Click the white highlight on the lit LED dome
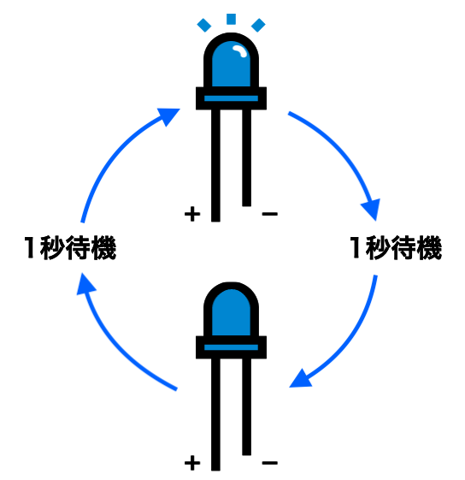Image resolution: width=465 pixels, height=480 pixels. pyautogui.click(x=240, y=50)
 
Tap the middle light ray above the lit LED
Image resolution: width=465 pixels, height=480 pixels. pyautogui.click(x=231, y=19)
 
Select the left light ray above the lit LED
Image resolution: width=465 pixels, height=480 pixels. pyautogui.click(x=204, y=25)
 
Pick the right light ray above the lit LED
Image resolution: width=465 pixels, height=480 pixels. pyautogui.click(x=258, y=25)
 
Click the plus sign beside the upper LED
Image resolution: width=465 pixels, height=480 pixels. pyautogui.click(x=192, y=214)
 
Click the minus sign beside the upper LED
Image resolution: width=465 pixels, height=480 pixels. pyautogui.click(x=270, y=214)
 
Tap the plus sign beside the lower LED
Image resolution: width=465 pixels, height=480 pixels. pyautogui.click(x=192, y=463)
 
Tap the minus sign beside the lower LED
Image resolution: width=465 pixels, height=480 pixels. pyautogui.click(x=270, y=463)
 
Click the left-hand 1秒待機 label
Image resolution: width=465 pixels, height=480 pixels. pyautogui.click(x=70, y=247)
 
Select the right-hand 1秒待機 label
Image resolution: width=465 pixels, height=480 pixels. pyautogui.click(x=396, y=247)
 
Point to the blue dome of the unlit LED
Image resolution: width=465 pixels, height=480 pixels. pyautogui.click(x=231, y=312)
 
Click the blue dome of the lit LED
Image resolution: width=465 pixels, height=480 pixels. pyautogui.click(x=231, y=63)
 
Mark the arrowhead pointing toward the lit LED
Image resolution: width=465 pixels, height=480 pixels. pyautogui.click(x=168, y=116)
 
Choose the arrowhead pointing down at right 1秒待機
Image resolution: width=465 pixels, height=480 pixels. pyautogui.click(x=372, y=209)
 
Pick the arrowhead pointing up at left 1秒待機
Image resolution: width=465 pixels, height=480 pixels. pyautogui.click(x=85, y=284)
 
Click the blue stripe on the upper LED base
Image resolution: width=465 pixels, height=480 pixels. pyautogui.click(x=231, y=98)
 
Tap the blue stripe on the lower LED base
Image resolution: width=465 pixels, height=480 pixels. pyautogui.click(x=231, y=347)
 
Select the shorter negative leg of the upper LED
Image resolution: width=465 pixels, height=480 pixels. pyautogui.click(x=246, y=157)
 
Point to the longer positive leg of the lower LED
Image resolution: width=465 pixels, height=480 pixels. pyautogui.click(x=215, y=414)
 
